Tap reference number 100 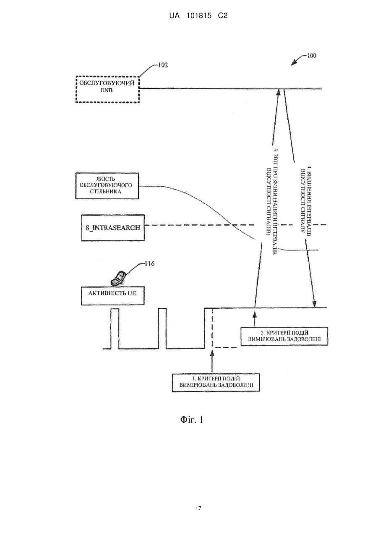(311, 56)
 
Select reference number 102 (163, 65)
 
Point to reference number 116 (149, 264)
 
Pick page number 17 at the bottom (198, 508)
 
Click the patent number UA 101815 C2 (198, 16)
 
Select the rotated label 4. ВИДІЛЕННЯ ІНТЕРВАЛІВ (305, 200)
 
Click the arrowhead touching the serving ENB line (278, 92)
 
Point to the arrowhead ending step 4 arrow (314, 304)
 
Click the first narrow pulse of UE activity (115, 309)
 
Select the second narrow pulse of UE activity (162, 309)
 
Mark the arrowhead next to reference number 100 (294, 63)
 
